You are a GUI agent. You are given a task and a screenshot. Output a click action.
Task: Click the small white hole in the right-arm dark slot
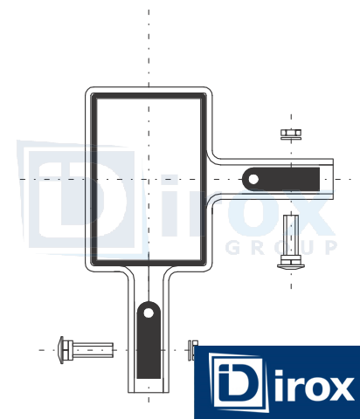tap(253, 179)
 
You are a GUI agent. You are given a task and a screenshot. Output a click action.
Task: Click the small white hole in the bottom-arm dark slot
tap(149, 313)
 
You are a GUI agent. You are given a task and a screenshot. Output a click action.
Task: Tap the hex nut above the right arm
tap(291, 133)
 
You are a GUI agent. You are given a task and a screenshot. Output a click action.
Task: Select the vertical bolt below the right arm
tap(291, 242)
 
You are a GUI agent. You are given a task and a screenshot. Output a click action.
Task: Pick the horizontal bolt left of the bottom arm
tap(86, 350)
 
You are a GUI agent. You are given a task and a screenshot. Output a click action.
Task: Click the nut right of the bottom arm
tap(193, 350)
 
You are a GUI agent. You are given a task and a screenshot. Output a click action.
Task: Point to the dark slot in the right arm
tap(281, 179)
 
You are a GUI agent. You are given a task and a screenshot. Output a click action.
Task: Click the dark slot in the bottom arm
tap(149, 340)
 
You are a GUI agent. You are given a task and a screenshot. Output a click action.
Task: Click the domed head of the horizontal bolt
tap(61, 350)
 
